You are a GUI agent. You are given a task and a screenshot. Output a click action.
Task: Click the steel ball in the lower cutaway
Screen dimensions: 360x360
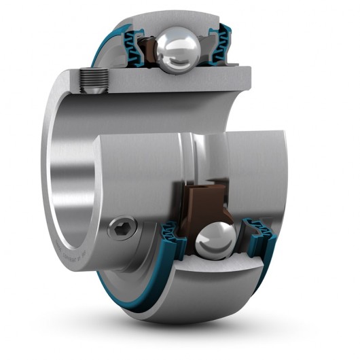[216, 239]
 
